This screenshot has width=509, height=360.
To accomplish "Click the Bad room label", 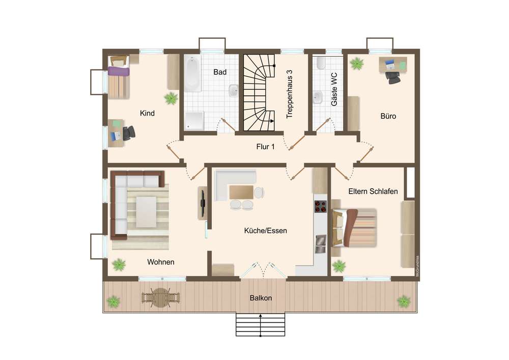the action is click(220, 72).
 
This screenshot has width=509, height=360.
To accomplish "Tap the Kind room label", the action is click(147, 113).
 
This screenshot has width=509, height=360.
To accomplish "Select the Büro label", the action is click(388, 116).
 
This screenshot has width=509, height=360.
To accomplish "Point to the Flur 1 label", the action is click(265, 147).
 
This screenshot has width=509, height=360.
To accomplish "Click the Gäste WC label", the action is click(334, 89).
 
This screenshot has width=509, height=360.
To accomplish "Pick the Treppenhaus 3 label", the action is click(289, 94).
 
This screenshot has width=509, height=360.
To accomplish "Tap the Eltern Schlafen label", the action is click(373, 191).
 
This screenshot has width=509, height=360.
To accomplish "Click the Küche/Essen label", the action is click(266, 231).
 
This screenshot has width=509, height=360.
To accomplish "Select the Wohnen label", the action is click(161, 262).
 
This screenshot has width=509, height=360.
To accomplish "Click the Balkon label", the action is click(261, 298).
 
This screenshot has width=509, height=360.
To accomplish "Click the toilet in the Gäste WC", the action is click(321, 63).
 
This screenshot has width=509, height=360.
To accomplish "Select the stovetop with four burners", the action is click(320, 206).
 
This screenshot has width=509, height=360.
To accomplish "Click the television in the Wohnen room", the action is click(203, 203).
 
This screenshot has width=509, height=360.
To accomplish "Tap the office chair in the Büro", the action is click(393, 77).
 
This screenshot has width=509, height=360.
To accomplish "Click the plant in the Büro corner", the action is click(357, 63).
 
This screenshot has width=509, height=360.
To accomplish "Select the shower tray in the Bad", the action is click(194, 121).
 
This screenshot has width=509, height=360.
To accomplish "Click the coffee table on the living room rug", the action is click(146, 212).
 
